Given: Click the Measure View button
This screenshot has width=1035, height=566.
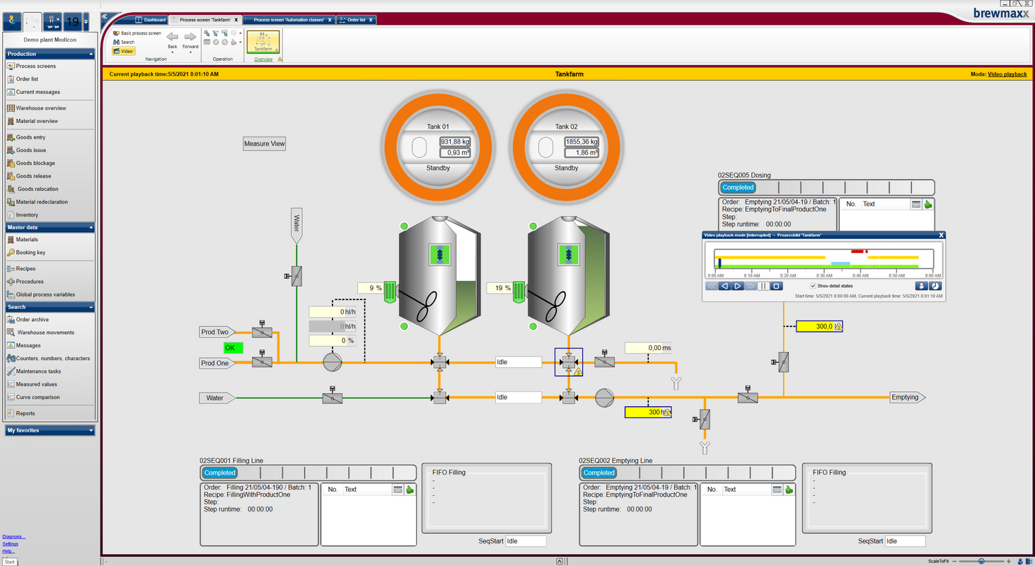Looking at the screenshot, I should pyautogui.click(x=264, y=144).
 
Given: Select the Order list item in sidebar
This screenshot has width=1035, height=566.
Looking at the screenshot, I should pyautogui.click(x=27, y=79).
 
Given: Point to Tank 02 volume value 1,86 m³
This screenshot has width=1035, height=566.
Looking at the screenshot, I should pyautogui.click(x=581, y=153).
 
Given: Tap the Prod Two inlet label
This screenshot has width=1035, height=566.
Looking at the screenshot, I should pyautogui.click(x=215, y=332).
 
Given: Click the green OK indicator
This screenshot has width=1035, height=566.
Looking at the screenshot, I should pyautogui.click(x=233, y=348).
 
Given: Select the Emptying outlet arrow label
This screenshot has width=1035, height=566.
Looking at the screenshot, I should pyautogui.click(x=906, y=398).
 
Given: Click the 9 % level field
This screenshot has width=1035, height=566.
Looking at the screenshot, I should pyautogui.click(x=370, y=288).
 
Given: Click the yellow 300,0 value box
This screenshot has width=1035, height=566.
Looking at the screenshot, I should pyautogui.click(x=819, y=326).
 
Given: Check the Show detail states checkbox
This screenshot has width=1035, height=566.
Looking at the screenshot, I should pyautogui.click(x=813, y=286).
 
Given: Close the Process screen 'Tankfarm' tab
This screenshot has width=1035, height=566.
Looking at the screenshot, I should pyautogui.click(x=236, y=20).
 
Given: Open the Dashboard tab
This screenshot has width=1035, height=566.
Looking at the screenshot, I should pyautogui.click(x=154, y=20).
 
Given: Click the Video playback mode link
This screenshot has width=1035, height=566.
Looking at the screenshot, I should pyautogui.click(x=1007, y=74).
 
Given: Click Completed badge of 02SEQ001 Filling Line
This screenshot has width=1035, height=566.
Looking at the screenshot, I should pyautogui.click(x=220, y=473).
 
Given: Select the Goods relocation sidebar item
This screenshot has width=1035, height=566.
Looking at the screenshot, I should pyautogui.click(x=37, y=189).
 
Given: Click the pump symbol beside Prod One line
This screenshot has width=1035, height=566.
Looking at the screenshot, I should pyautogui.click(x=333, y=362).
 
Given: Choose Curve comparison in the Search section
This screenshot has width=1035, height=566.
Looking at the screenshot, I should pyautogui.click(x=37, y=397).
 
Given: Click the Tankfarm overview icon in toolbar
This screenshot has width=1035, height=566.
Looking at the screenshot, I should pyautogui.click(x=263, y=42).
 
